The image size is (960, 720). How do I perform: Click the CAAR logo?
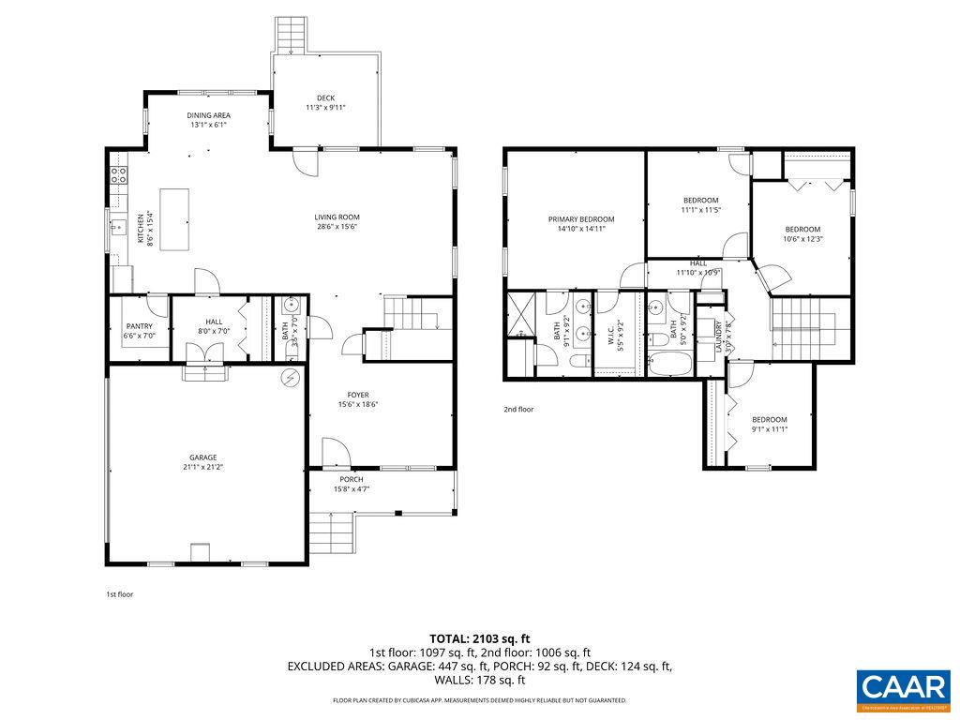coord(904,687)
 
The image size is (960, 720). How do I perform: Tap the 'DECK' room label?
coord(325,97)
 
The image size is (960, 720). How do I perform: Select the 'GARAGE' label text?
coord(203,457)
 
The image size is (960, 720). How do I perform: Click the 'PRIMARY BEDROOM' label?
coord(581,219)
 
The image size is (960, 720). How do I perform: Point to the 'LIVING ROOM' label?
coord(337,217)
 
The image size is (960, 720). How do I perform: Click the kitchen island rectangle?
coord(174,219)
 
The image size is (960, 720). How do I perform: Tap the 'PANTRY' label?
coord(139,326)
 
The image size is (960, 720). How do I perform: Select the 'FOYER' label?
coord(358,396)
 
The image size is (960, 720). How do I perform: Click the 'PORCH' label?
coord(352,480)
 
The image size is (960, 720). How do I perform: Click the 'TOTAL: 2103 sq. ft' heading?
coord(479,638)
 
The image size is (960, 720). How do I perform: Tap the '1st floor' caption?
coord(119,593)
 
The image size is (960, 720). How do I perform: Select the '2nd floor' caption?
coord(518,409)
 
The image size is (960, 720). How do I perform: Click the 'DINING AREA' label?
coord(209,115)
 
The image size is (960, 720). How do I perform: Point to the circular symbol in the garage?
coord(290,377)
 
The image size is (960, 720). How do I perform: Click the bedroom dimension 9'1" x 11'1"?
coord(769,429)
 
